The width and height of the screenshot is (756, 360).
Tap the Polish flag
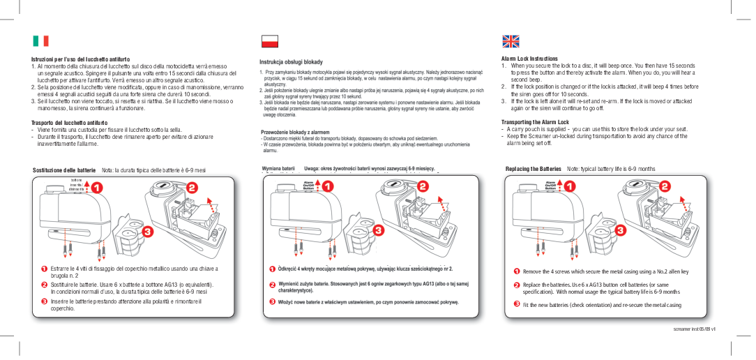point(269,40)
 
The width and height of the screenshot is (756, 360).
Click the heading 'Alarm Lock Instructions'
point(529,59)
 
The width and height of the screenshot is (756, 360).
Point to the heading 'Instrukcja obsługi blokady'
point(291,62)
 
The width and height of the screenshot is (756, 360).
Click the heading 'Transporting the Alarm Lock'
point(535,122)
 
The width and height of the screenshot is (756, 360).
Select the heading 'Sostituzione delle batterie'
point(64,170)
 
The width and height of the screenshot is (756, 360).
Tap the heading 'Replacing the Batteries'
point(534,169)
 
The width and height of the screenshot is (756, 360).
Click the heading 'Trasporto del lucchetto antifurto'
point(68,123)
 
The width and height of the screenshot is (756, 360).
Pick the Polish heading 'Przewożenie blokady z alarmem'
point(295,132)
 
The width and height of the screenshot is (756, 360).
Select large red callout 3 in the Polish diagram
point(377,230)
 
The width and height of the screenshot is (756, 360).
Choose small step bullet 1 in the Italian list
point(43,269)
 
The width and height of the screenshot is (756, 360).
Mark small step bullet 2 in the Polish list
point(272,285)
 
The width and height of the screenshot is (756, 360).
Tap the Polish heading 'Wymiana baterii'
point(278,169)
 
